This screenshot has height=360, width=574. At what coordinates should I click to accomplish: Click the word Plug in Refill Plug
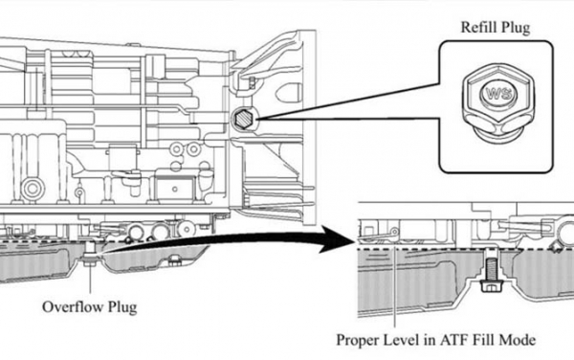516,28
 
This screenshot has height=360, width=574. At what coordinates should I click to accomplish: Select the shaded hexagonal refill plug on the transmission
243,119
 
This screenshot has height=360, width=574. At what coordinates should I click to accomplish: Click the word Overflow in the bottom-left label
71,307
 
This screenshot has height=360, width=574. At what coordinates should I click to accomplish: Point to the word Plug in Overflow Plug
121,307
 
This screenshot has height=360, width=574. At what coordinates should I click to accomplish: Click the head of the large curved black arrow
336,239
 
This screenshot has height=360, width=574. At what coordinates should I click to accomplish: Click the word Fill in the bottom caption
484,340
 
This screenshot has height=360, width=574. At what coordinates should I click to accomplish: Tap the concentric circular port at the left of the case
33,189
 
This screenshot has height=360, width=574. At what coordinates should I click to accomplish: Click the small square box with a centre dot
175,189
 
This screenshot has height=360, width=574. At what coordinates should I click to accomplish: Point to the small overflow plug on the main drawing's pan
90,259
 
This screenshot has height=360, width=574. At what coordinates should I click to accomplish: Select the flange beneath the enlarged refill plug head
496,136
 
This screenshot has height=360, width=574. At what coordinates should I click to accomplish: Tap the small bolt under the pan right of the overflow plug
174,261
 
